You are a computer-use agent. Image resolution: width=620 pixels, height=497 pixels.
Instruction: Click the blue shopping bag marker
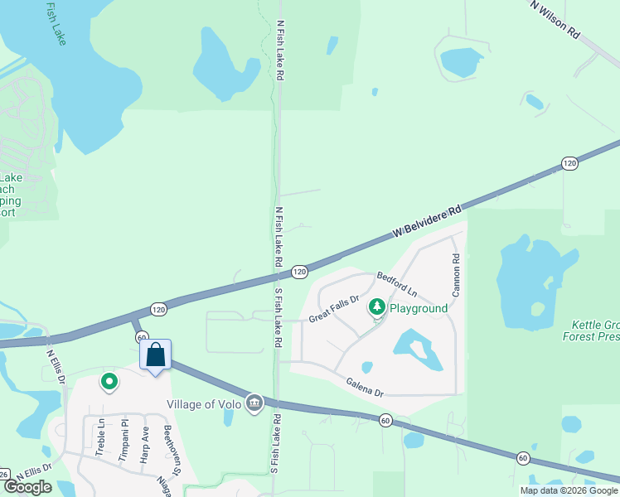click(155, 356)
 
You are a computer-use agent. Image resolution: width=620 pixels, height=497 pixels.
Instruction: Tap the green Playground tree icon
click(377, 308)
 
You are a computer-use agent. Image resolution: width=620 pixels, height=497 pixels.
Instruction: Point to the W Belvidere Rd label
click(426, 224)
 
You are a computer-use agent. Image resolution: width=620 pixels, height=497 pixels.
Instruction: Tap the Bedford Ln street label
click(397, 283)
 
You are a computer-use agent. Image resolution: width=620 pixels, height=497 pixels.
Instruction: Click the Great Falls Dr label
click(333, 310)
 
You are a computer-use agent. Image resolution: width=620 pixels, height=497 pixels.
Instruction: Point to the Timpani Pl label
click(123, 439)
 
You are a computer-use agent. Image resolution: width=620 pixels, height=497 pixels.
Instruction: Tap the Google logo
click(28, 487)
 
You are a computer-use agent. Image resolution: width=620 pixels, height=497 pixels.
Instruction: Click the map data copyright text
click(569, 490)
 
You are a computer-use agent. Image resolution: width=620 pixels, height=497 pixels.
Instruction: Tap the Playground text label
click(419, 308)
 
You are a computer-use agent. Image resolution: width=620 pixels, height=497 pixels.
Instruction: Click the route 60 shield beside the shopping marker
click(142, 337)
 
